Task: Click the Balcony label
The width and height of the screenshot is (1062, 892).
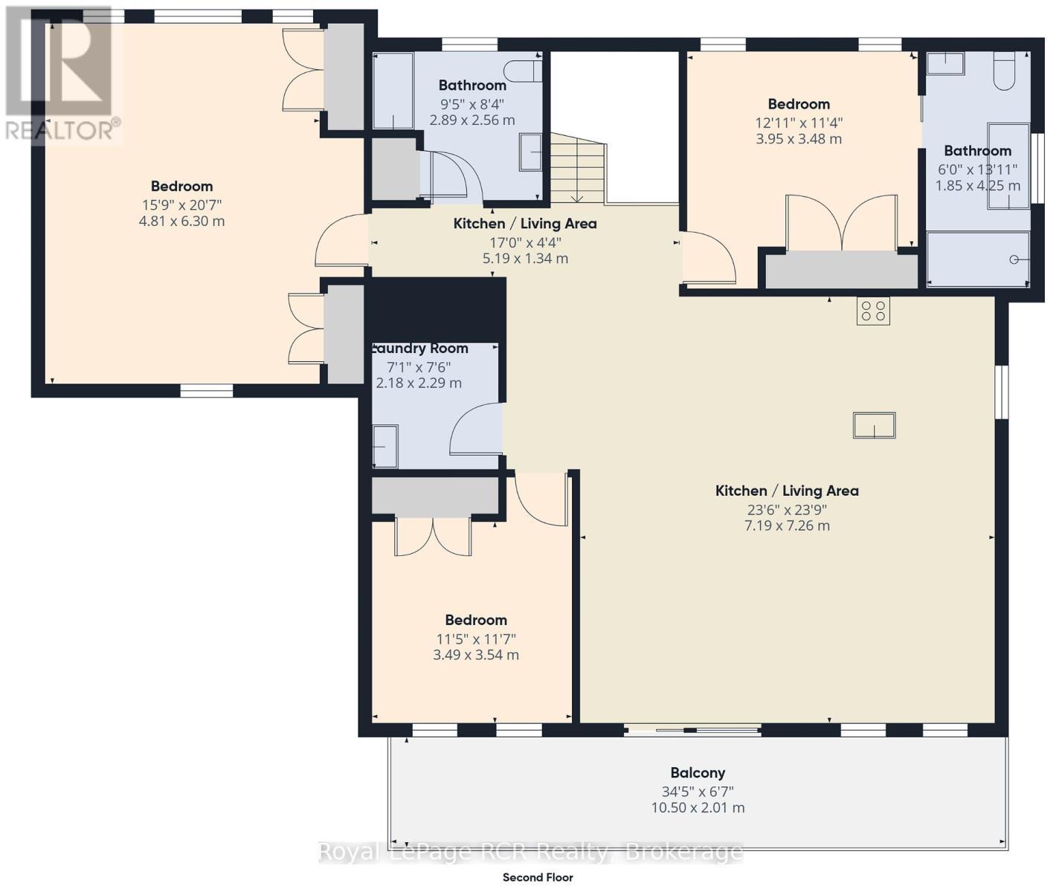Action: (697, 772)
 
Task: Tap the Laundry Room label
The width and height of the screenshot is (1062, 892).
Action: (420, 348)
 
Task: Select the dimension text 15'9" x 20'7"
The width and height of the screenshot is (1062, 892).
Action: (181, 204)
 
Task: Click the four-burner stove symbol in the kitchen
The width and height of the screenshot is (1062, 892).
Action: (873, 311)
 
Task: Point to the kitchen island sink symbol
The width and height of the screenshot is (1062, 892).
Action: (874, 426)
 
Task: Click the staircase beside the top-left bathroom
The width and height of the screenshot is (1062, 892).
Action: (577, 168)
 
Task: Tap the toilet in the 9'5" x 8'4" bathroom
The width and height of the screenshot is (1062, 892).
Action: (523, 71)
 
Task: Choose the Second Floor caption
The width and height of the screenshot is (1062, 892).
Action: (538, 877)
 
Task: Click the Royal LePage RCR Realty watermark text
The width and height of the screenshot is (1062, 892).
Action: (530, 852)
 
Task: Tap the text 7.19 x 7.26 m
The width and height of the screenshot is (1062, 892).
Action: (787, 526)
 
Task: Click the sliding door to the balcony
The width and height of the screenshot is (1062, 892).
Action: (692, 731)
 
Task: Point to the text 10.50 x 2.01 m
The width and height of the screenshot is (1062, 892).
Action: (697, 808)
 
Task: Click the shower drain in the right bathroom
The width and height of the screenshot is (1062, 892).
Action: (1014, 259)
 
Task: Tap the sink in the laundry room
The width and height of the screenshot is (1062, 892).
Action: (385, 446)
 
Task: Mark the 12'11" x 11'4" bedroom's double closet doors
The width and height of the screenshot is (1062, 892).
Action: (841, 223)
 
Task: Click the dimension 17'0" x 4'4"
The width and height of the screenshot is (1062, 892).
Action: (524, 242)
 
